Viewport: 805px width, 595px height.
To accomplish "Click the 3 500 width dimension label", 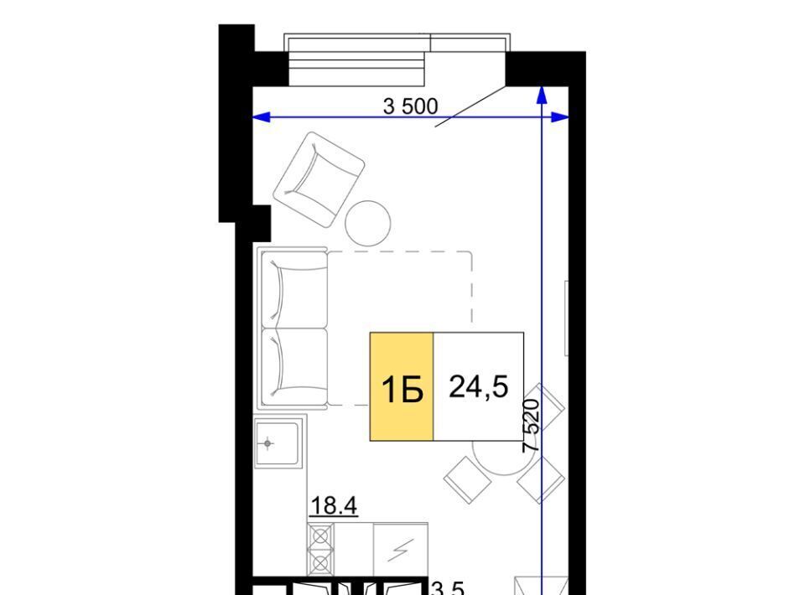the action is pos(410,106).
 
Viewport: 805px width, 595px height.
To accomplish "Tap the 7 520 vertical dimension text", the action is pos(532,426).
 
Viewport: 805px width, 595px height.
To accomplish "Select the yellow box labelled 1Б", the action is pos(402,386).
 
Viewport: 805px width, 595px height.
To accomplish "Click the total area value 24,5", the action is pos(479,386).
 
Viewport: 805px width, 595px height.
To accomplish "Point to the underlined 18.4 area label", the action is pos(334,506).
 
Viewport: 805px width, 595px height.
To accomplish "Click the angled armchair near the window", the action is pos(319,179).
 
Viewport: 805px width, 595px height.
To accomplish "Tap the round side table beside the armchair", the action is pos(368,224).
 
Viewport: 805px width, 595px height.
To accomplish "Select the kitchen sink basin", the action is pos(277,443).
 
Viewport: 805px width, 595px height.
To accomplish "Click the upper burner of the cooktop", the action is pos(320,536).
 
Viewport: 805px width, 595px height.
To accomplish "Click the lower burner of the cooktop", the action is pos(320,564).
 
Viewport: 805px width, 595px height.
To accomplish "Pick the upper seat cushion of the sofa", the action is pos(294,290).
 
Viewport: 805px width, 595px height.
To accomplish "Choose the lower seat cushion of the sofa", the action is pos(294,367).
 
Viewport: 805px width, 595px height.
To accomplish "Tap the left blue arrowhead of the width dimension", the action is pos(262,118).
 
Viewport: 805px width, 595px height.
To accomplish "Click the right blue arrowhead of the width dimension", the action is pos(560,117).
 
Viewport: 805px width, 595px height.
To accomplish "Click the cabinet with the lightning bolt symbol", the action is pos(401,550).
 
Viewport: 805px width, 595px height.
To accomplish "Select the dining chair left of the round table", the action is pos(467,480).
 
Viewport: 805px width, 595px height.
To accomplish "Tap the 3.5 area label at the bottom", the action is pos(448,587).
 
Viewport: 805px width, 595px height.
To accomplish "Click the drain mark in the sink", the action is pos(267,443).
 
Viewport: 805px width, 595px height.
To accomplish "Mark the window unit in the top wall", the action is pos(397,59).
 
